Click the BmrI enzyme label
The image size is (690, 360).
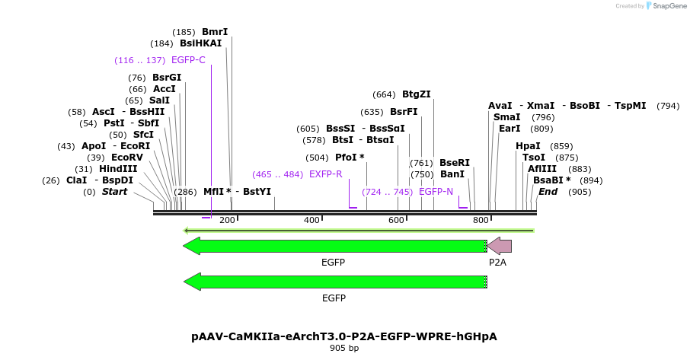point(215,32)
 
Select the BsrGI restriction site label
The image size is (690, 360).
point(167,78)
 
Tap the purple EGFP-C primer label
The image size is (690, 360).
point(188,60)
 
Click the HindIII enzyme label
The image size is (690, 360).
point(118,169)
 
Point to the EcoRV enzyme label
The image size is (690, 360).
point(127,158)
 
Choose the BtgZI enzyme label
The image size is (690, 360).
point(417,94)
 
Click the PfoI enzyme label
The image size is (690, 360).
point(350,158)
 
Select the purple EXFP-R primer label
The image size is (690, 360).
point(325,174)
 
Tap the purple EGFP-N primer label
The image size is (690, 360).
point(436,192)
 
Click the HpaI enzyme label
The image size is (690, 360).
point(528,146)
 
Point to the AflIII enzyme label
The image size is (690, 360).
point(542,169)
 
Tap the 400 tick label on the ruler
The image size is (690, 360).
point(311,220)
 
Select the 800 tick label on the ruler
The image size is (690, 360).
point(481,220)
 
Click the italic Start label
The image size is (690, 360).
point(114,192)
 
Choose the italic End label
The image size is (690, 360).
point(548,192)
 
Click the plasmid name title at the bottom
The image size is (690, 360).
point(344,336)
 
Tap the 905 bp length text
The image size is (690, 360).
point(344,349)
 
